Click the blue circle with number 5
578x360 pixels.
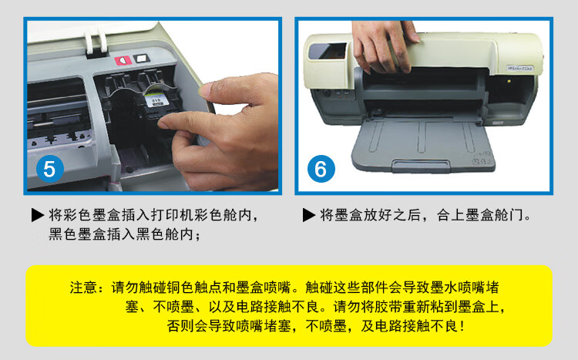pos(50,169)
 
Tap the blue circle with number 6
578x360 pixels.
pos(321,169)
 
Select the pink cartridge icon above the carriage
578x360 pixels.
pos(123,60)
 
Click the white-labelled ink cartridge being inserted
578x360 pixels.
pos(154,101)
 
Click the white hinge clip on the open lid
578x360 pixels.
pos(96,42)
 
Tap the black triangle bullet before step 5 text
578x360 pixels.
pos(38,214)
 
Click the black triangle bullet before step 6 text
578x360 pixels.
pos(309,214)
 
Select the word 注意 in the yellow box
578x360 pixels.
pos(84,288)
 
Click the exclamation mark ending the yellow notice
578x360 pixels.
pos(462,326)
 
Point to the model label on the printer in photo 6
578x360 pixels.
pos(520,69)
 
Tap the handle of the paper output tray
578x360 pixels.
pos(421,165)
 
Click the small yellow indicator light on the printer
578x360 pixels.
pos(509,81)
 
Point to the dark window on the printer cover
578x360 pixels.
pos(328,51)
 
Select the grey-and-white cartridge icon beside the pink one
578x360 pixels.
pos(141,59)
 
